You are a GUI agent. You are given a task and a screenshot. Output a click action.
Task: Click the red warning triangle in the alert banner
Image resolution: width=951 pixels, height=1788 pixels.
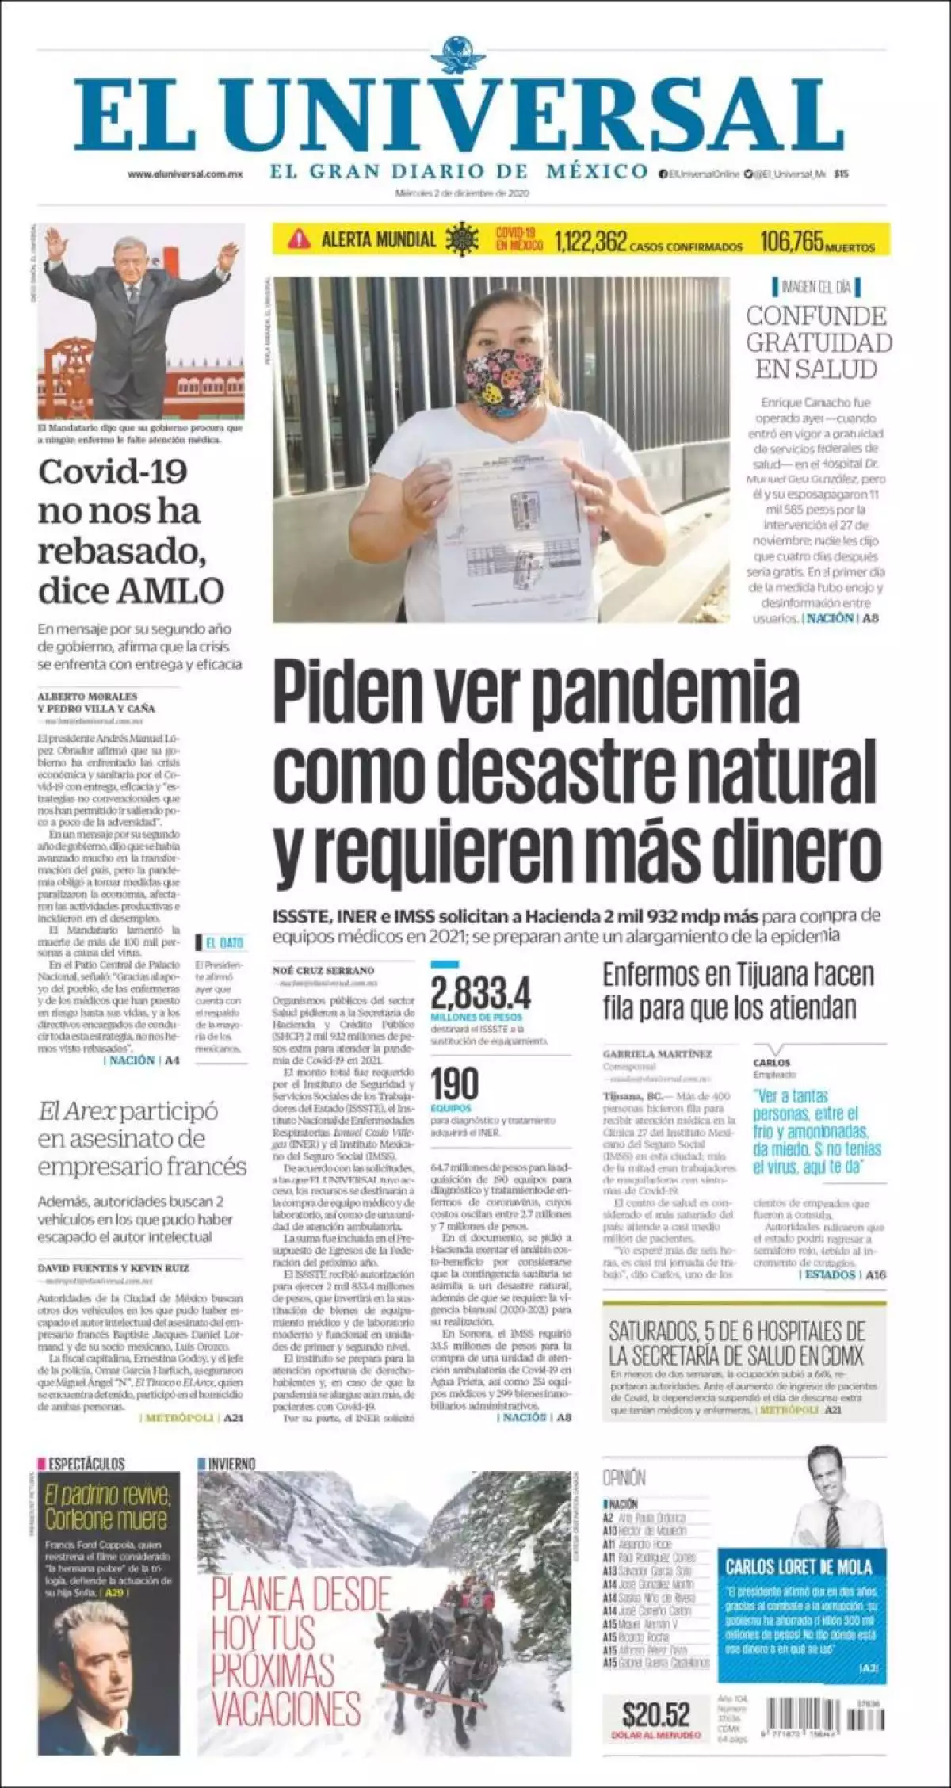click(300, 238)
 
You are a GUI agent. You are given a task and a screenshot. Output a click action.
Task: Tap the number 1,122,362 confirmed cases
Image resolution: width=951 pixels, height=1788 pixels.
click(591, 240)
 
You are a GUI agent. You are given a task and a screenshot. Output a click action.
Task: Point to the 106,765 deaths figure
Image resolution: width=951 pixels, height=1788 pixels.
click(792, 240)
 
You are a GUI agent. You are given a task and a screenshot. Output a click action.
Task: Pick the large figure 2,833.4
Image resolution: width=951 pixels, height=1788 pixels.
click(480, 993)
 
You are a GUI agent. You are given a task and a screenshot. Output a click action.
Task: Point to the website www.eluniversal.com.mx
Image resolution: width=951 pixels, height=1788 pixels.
click(185, 174)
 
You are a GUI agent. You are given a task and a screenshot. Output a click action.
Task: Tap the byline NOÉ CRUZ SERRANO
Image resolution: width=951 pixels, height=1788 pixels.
click(323, 969)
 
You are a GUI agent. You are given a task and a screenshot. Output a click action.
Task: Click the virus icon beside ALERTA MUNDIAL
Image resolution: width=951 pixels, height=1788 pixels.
click(462, 239)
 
